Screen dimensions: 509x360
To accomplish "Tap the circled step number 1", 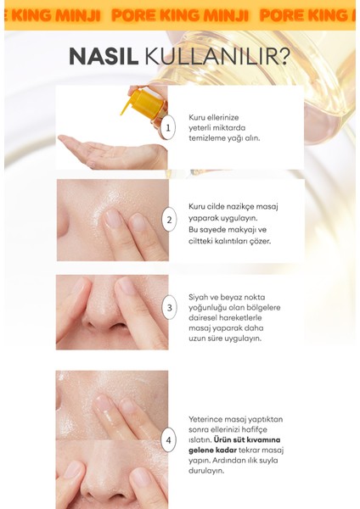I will (168, 129).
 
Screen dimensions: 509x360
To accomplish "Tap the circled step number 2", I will (168, 221).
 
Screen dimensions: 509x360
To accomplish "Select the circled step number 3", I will (168, 308).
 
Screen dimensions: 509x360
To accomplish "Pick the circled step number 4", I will (168, 439).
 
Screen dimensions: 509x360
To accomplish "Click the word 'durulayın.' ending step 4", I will (208, 473).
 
